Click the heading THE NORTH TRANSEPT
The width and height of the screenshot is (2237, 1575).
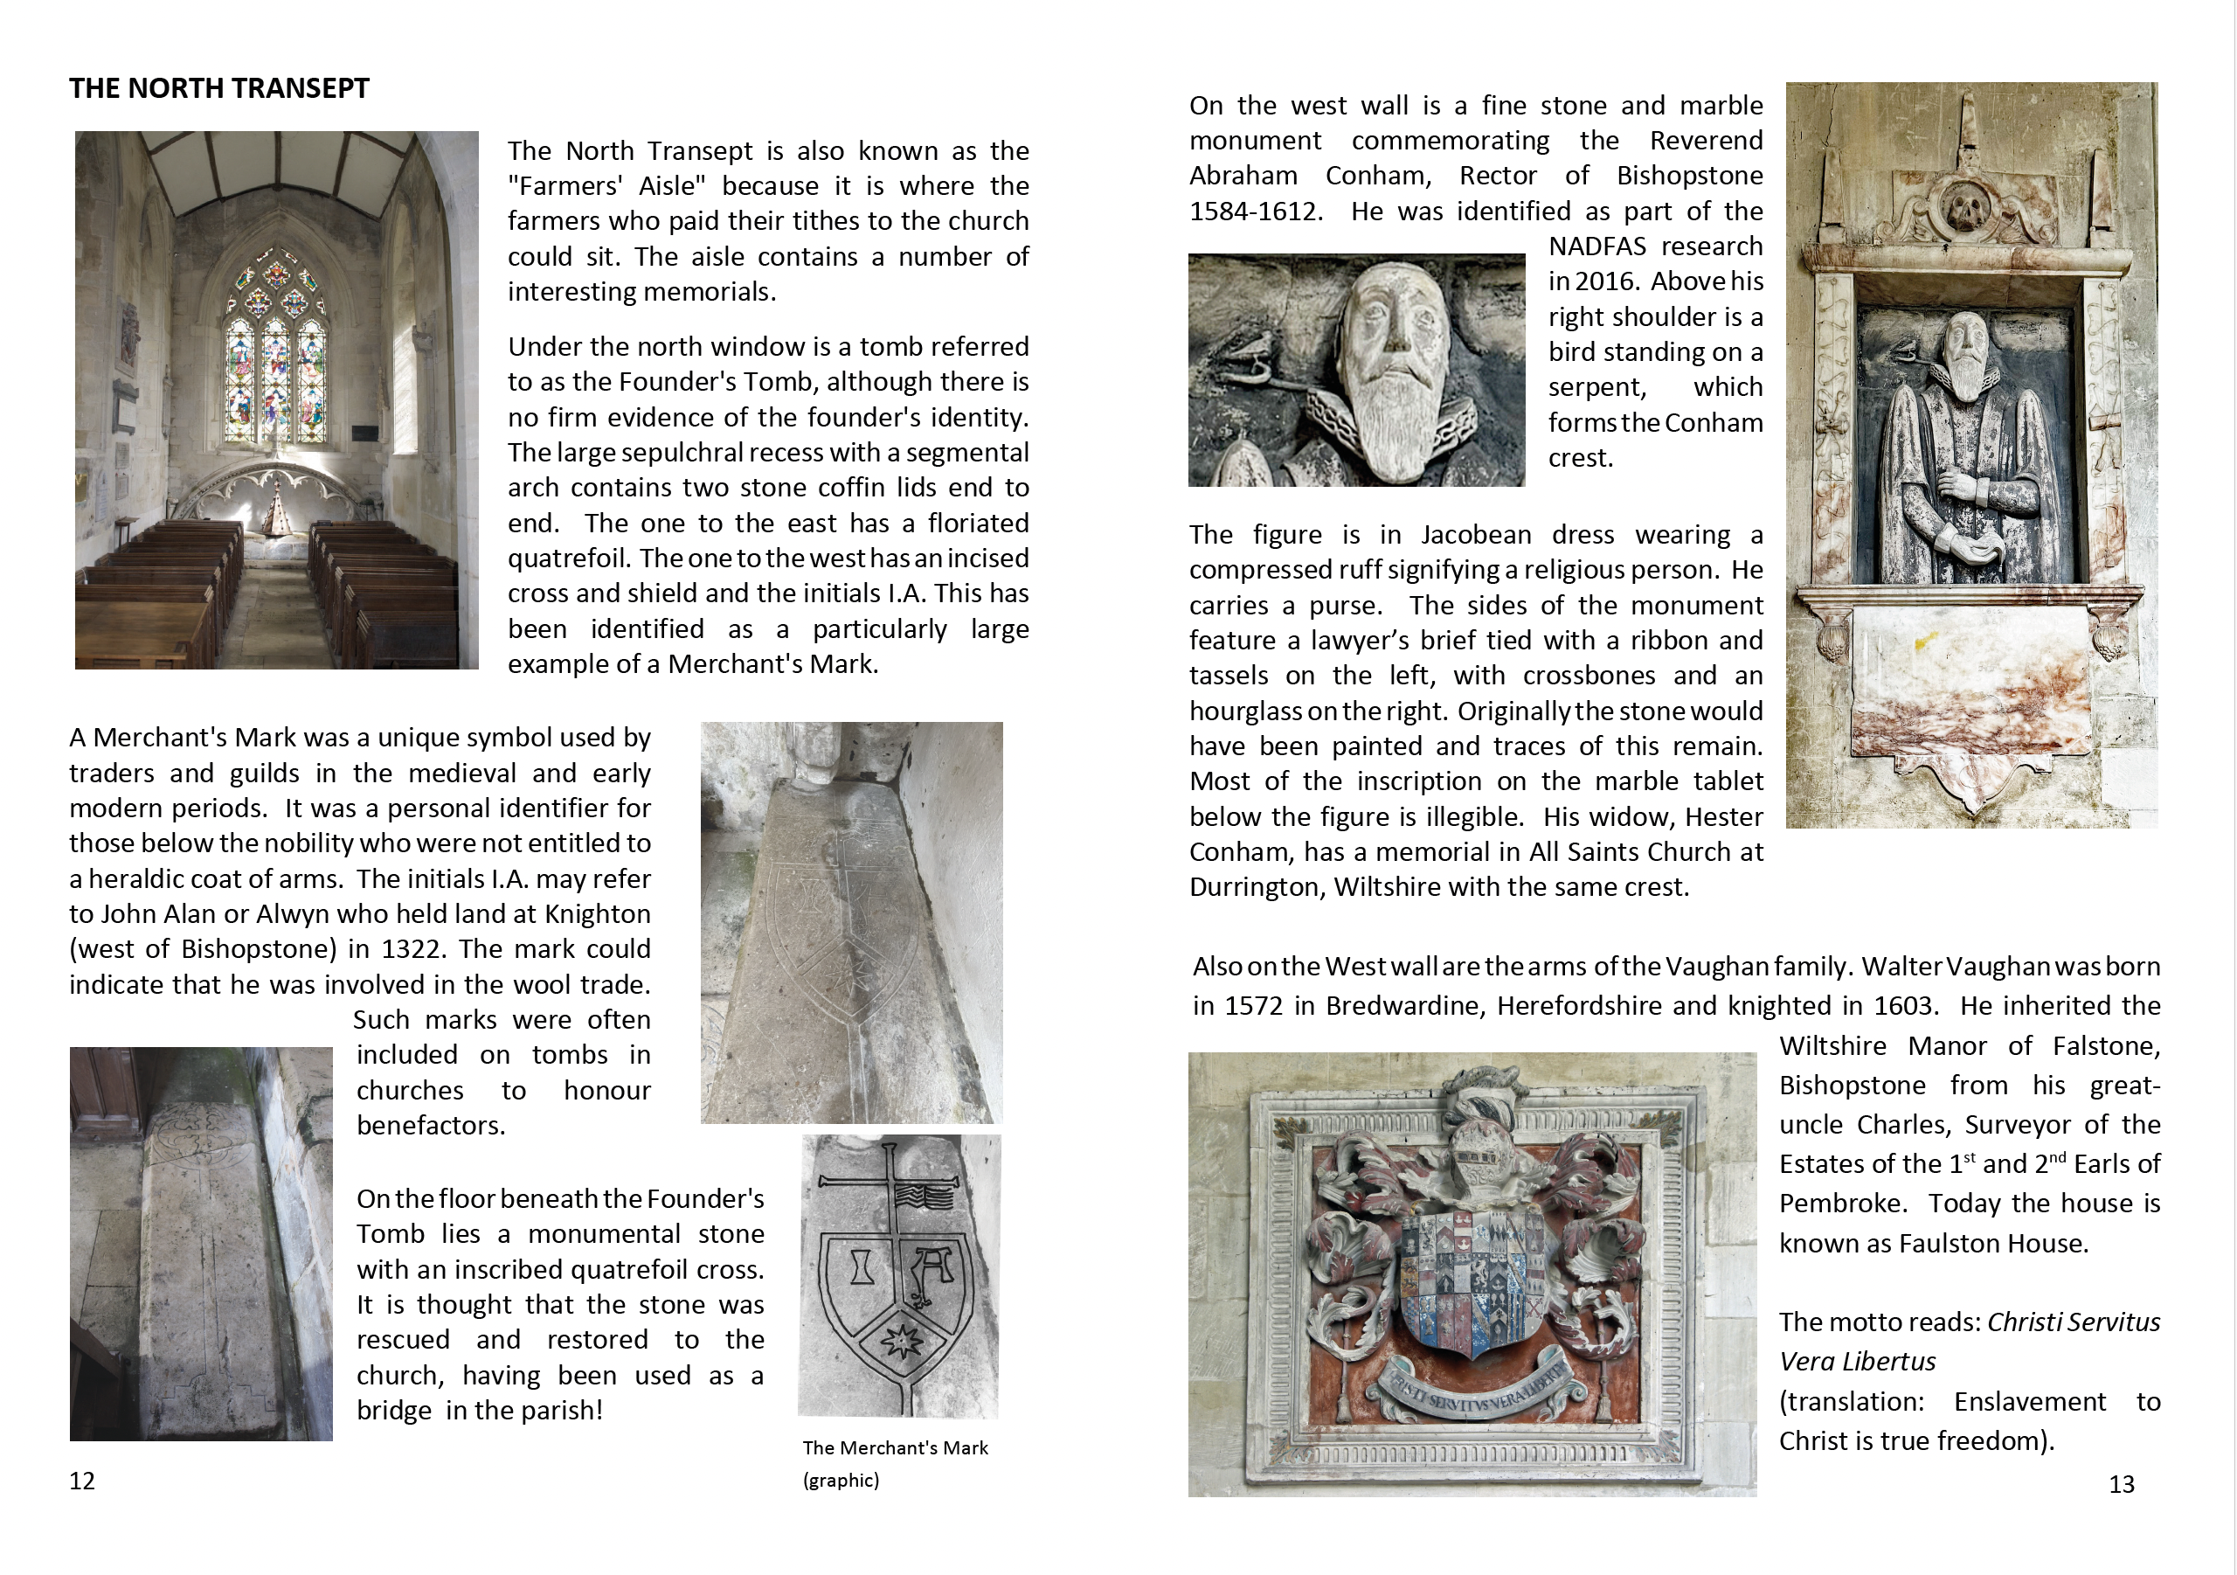[x=219, y=88]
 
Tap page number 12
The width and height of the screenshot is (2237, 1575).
[x=82, y=1481]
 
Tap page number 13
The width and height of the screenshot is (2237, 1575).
[x=2121, y=1484]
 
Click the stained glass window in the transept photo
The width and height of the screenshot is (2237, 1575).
[x=276, y=350]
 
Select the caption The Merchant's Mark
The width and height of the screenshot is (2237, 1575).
[x=895, y=1448]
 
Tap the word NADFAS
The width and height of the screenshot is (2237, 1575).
[x=1600, y=246]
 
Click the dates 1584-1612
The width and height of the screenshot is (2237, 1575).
[x=1255, y=212]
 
